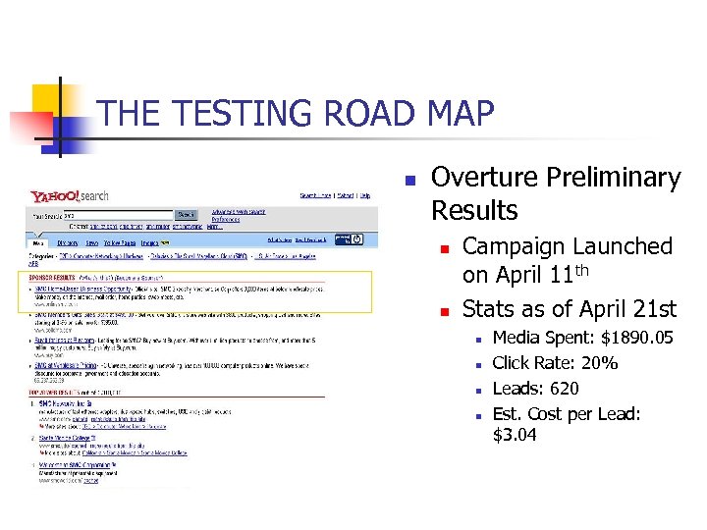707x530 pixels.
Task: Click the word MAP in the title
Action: [461, 114]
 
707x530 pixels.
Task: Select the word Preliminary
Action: [621, 178]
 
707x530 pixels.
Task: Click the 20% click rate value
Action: [599, 363]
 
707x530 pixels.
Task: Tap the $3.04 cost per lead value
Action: [515, 434]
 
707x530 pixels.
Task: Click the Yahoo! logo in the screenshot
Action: [55, 196]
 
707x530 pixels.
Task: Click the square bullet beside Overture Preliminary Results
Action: [410, 181]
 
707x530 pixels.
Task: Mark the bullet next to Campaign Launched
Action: [444, 248]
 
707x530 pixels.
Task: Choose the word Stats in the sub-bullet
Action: [489, 310]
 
